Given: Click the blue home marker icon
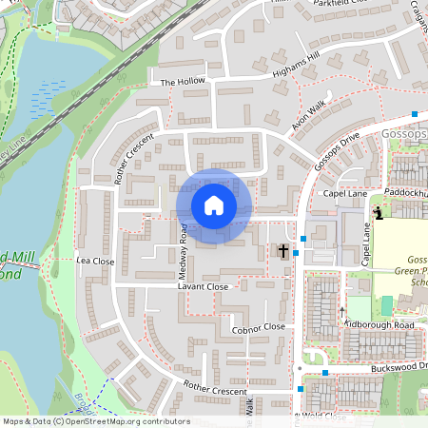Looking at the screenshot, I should (x=213, y=205).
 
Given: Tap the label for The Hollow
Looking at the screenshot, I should (x=183, y=83).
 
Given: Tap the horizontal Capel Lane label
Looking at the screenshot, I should (x=344, y=193).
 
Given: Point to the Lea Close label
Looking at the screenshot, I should (x=95, y=260).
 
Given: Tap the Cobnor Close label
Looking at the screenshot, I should (x=258, y=326).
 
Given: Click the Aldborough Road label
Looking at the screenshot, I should (x=380, y=325).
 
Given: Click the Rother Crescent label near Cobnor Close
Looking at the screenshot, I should (x=215, y=390).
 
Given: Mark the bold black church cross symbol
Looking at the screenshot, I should (x=282, y=251).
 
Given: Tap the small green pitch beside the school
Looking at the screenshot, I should (x=386, y=305).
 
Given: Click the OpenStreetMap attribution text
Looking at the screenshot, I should (x=96, y=421).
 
